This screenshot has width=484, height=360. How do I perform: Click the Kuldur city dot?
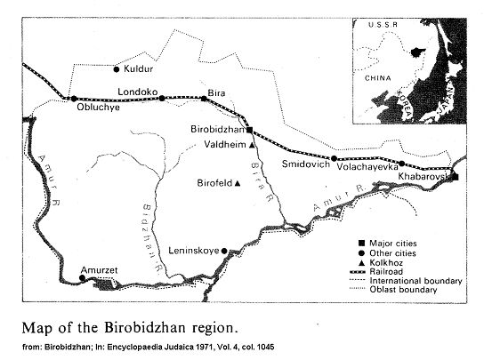116,68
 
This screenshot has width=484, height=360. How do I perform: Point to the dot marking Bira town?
203,99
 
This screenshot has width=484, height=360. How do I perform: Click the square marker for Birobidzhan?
250,129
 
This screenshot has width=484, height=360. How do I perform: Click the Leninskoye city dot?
224,251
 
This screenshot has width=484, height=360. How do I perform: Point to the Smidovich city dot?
334,158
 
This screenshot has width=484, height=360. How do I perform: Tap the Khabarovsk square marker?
455,177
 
